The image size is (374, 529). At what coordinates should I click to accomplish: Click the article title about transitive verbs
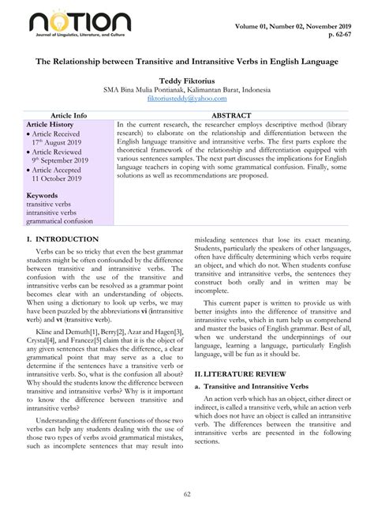186,62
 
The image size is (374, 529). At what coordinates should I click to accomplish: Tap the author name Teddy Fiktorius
187,80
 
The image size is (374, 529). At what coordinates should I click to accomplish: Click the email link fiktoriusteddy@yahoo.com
187,99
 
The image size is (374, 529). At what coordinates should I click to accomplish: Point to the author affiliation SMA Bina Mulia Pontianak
187,89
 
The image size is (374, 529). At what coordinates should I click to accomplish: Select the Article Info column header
69,115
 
